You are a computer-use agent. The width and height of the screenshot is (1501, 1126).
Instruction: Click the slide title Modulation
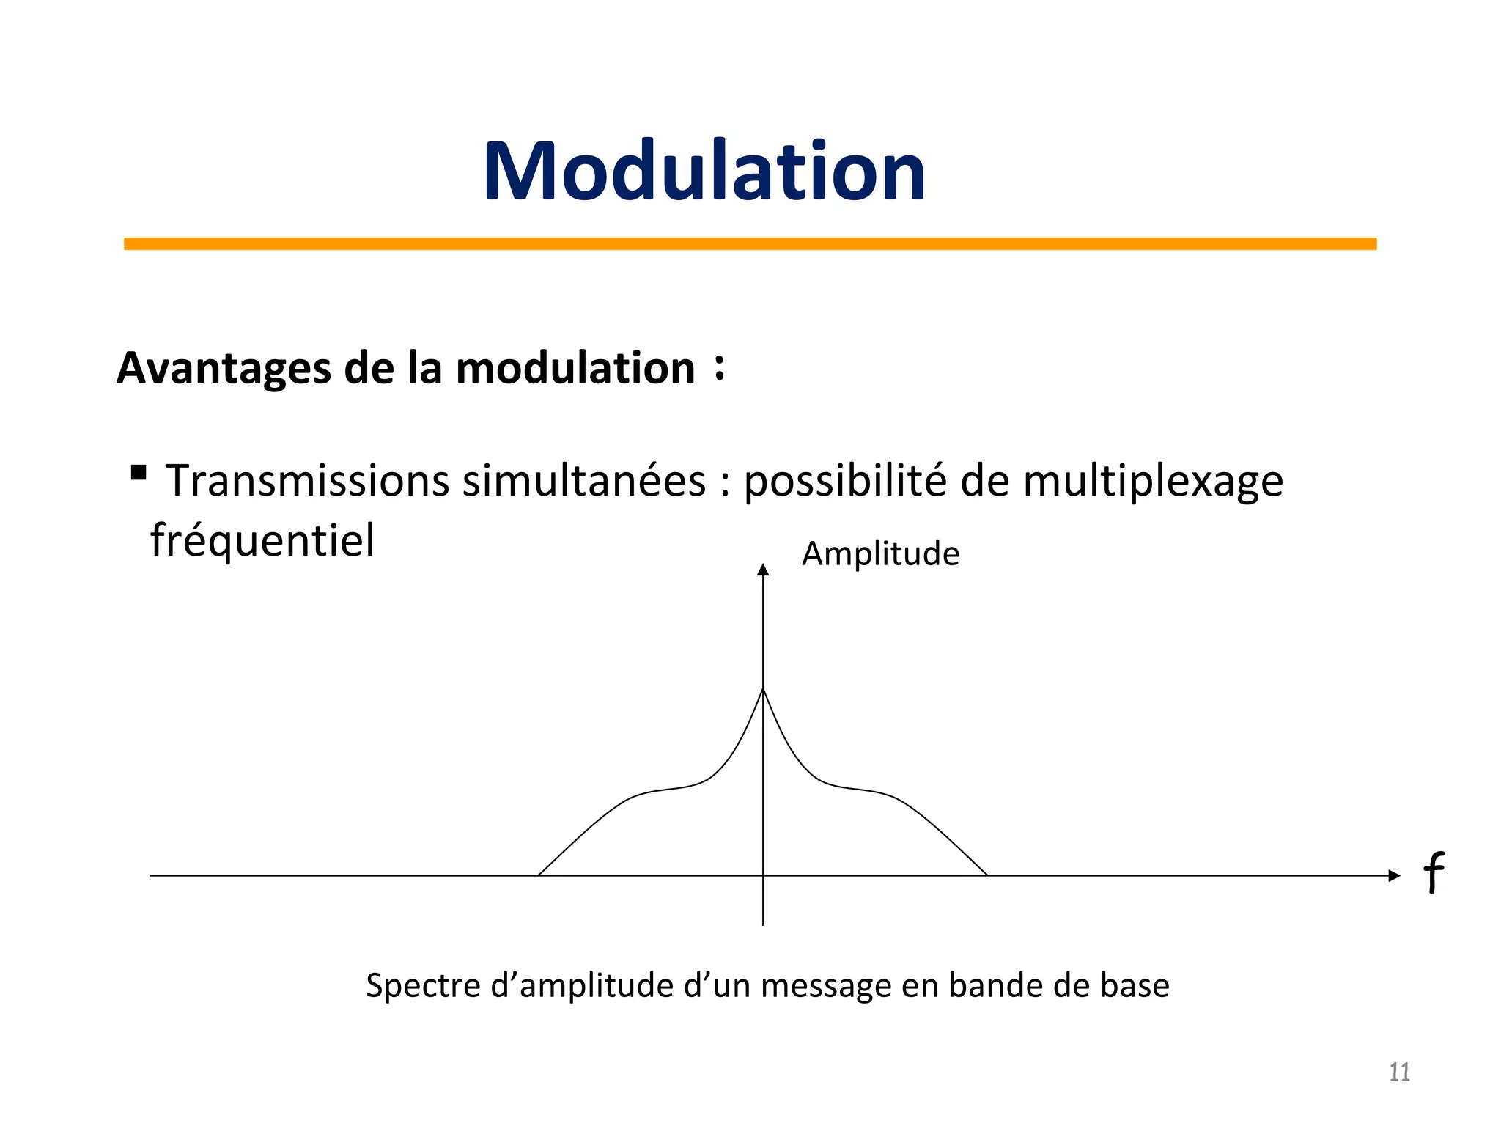pos(704,172)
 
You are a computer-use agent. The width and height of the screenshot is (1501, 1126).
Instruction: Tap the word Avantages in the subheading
pos(224,368)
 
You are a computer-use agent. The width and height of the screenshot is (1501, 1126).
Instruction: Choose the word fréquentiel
pos(262,541)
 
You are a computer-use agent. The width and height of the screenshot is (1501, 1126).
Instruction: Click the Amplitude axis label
pos(880,553)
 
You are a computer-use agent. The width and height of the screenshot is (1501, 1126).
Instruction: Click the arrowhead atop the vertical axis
pos(763,570)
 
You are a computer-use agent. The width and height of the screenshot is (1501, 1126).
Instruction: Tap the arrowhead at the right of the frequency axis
pos(1394,875)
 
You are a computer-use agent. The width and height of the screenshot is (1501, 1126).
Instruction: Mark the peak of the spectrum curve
pos(763,689)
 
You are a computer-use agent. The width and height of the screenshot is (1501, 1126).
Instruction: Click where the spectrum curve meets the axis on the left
pos(539,875)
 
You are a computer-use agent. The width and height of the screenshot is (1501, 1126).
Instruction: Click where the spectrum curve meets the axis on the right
pos(987,875)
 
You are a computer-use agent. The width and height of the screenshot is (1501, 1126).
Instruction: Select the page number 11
pos(1399,1072)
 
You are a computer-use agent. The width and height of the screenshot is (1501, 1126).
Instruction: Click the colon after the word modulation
pos(720,367)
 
